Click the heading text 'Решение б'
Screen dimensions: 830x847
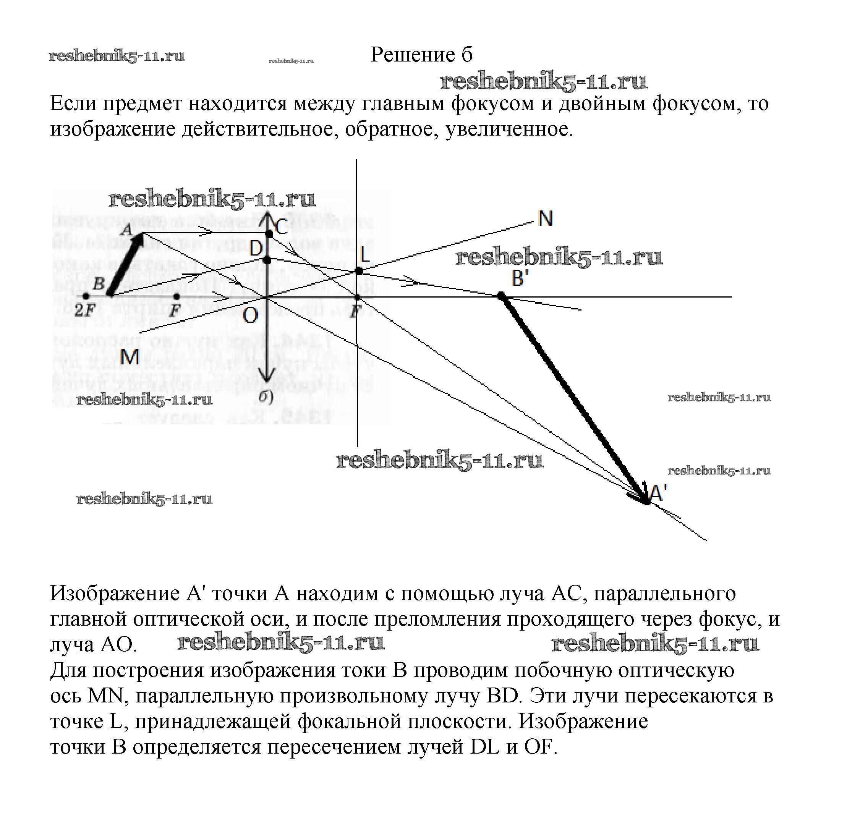click(x=421, y=55)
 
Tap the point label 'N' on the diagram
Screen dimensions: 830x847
click(x=545, y=218)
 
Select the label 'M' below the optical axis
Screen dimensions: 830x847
click(x=130, y=358)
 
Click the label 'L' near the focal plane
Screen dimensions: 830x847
click(x=364, y=254)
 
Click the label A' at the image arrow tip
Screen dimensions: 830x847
click(x=658, y=493)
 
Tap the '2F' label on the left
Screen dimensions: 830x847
click(x=84, y=311)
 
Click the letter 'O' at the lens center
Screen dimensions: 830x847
click(x=250, y=315)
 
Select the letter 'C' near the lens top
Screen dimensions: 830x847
click(x=281, y=227)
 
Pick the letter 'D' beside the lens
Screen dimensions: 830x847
click(x=256, y=249)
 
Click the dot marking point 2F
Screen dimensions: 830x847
click(x=86, y=297)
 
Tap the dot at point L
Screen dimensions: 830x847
click(x=358, y=271)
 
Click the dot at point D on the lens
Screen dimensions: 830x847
click(x=267, y=260)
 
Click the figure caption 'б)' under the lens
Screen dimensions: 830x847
click(x=266, y=397)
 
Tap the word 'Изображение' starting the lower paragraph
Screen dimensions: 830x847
click(x=115, y=593)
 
